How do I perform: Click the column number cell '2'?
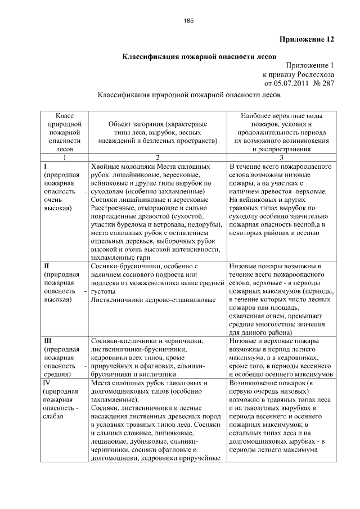coord(157,158)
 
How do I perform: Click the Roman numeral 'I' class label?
coord(45,167)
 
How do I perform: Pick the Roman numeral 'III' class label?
coord(48,341)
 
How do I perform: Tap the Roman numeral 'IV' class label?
coord(48,382)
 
